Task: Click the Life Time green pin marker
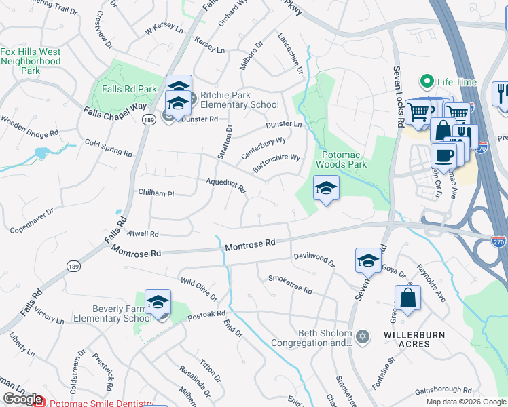[x=427, y=82]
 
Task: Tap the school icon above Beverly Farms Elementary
[x=158, y=303]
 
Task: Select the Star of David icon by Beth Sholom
[x=363, y=336]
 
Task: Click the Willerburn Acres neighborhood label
[x=407, y=339]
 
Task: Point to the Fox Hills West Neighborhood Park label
[x=31, y=60]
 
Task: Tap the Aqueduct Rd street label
[x=226, y=185]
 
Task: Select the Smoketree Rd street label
[x=290, y=284]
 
